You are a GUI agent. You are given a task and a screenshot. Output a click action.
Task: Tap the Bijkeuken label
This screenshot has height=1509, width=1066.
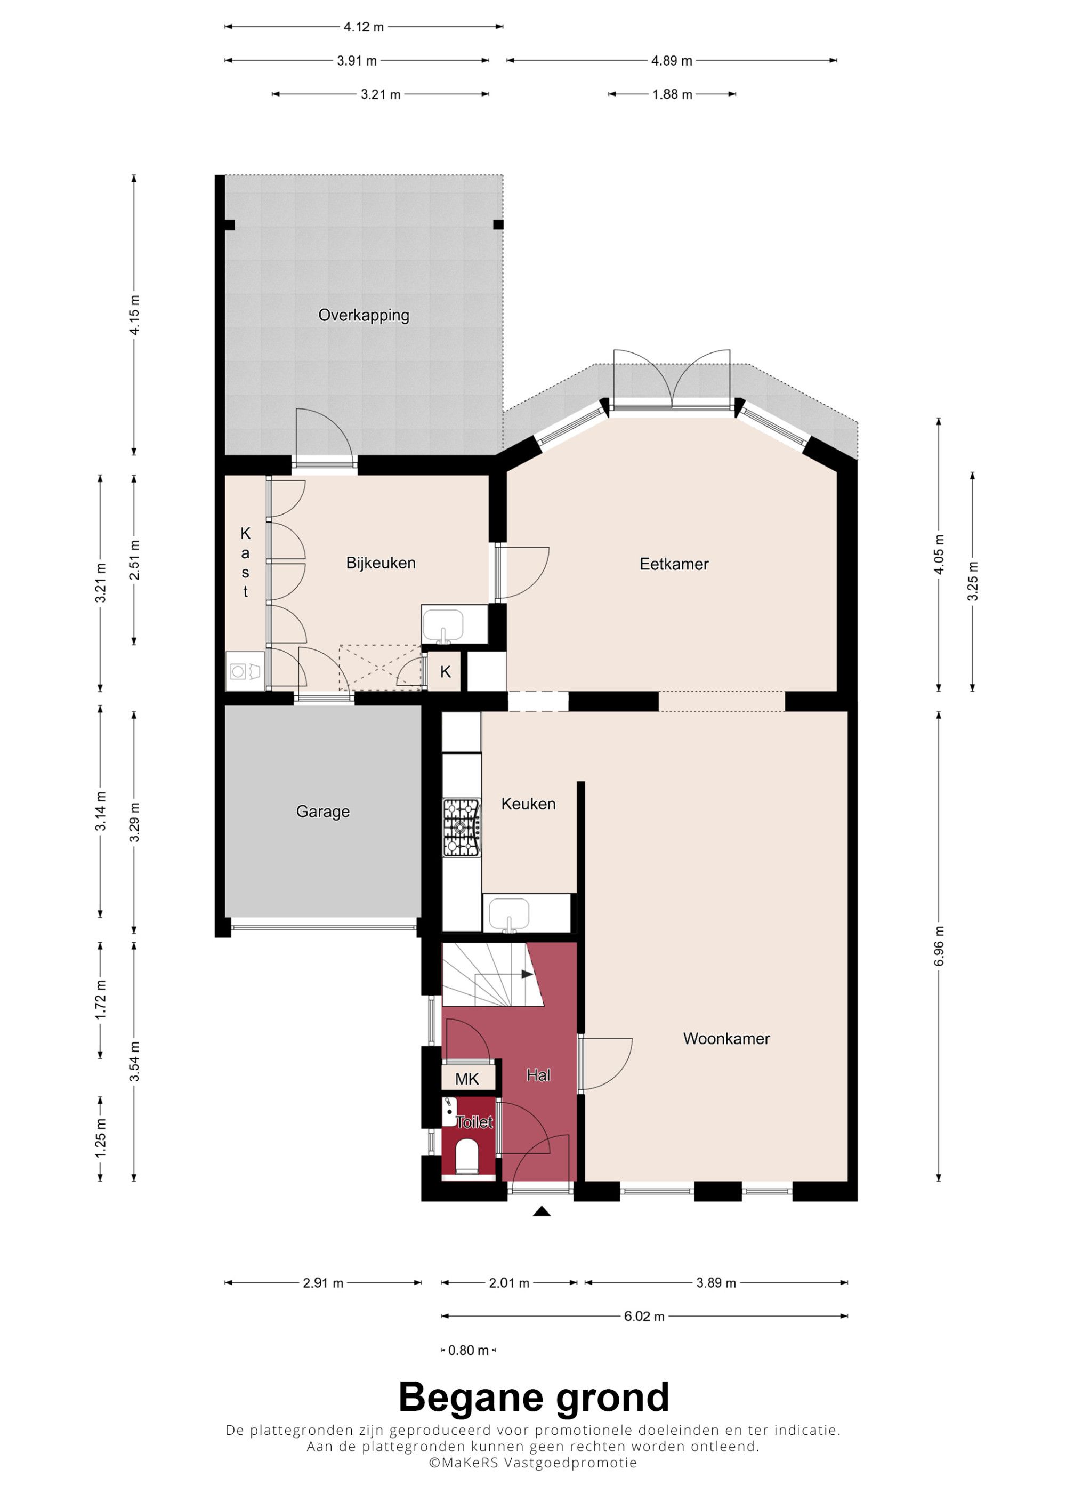coord(381,563)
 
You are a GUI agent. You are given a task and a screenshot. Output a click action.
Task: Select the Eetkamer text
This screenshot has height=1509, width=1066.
coord(674,564)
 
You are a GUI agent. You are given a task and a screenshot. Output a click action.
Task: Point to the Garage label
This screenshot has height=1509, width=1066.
coord(322,812)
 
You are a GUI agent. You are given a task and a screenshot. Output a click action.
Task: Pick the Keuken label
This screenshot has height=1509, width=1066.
coord(528,804)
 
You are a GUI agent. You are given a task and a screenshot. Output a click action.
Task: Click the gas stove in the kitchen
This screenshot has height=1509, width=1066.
coord(462,828)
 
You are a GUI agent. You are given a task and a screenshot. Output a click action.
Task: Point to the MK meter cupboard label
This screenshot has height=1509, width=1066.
coord(467,1079)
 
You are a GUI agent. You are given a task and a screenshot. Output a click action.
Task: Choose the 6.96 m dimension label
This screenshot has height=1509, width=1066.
coord(939,946)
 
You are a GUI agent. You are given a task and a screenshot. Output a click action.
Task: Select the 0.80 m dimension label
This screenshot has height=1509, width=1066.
coord(469,1350)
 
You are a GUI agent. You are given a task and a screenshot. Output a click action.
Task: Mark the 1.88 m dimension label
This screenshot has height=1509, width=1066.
coord(672,94)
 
